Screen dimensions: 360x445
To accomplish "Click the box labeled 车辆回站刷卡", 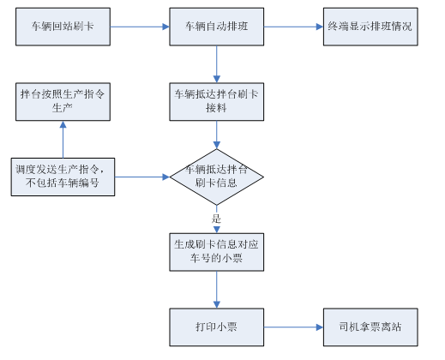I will point(63,27).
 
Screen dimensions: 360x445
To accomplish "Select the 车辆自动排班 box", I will point(216,27).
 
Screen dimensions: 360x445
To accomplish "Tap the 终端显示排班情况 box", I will point(370,27).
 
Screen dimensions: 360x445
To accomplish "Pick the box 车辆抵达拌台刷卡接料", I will point(216,99).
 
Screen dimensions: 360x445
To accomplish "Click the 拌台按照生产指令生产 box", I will point(63,99).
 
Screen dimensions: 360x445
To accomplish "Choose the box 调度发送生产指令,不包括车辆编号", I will point(63,177).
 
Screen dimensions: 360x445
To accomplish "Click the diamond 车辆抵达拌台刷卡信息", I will point(216,176).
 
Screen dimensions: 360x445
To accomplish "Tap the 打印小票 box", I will point(216,327).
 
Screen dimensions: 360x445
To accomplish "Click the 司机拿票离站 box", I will point(370,327).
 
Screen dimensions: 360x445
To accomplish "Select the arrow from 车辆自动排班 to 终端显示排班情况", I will point(294,27).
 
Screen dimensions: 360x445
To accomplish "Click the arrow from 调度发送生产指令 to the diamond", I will point(141,177).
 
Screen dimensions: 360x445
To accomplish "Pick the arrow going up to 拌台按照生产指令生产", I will point(63,137).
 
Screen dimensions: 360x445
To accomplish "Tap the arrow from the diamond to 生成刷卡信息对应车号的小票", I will point(217,216).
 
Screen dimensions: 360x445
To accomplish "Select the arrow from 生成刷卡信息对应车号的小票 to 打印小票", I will point(217,289).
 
